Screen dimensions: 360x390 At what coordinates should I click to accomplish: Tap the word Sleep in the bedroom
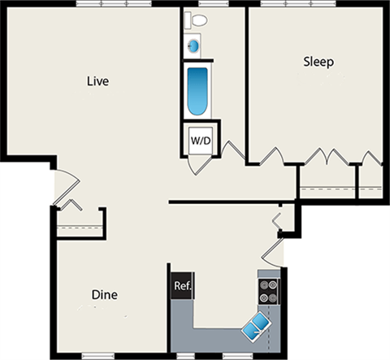[319, 62]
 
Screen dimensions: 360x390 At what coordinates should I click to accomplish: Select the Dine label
[106, 295]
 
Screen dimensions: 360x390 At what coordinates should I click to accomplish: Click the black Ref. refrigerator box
[182, 286]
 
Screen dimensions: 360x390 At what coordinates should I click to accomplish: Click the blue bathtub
[197, 92]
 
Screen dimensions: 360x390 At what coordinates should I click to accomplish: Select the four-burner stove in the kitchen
[268, 292]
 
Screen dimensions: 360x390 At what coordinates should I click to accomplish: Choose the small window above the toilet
[196, 5]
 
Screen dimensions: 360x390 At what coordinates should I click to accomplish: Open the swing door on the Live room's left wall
[65, 189]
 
